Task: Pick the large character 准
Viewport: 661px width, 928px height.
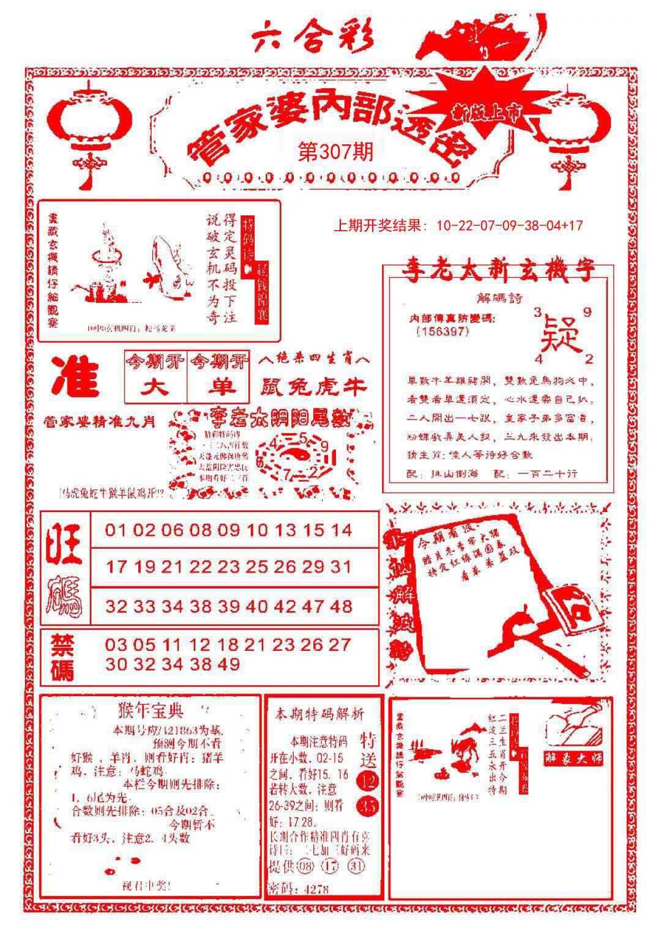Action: click(x=76, y=377)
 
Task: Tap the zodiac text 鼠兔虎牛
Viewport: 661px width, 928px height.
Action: click(x=315, y=387)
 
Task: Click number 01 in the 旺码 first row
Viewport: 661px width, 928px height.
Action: click(x=114, y=530)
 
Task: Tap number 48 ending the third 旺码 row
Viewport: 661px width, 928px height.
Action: click(x=340, y=606)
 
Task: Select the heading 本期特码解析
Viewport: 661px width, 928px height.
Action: click(x=319, y=714)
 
